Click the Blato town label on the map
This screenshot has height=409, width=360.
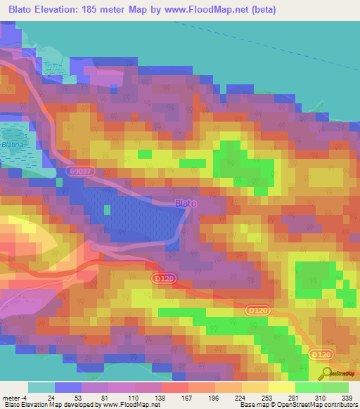click(186, 203)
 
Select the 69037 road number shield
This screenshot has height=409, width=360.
click(79, 171)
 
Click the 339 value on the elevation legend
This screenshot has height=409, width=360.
click(345, 398)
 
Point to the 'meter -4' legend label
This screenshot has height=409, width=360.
click(13, 398)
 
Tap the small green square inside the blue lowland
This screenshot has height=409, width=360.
click(107, 209)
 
